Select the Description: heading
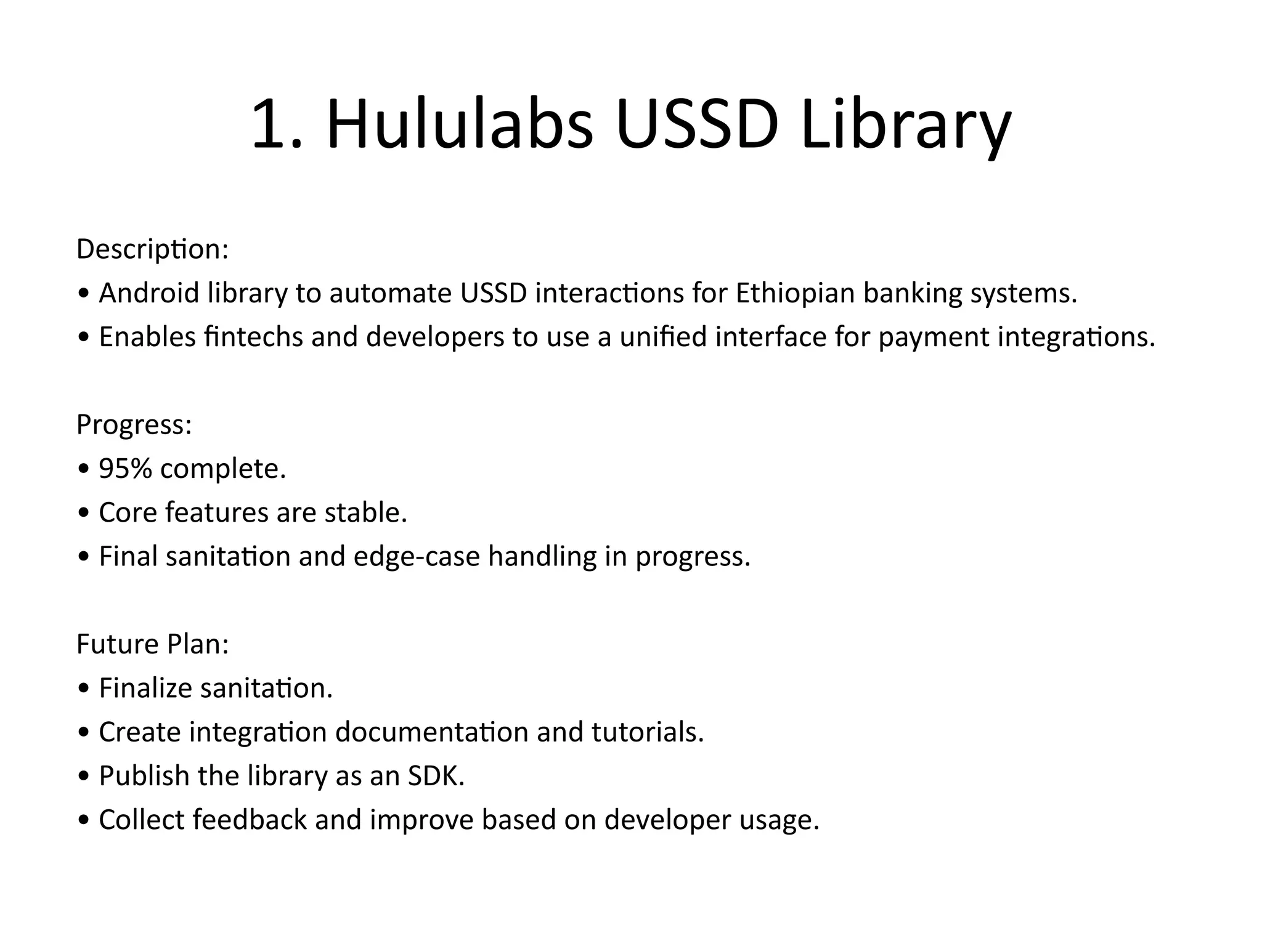pyautogui.click(x=152, y=249)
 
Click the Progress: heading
pyautogui.click(x=134, y=425)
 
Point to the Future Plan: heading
pyautogui.click(x=152, y=645)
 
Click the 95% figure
pyautogui.click(x=125, y=469)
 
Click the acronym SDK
pyautogui.click(x=436, y=776)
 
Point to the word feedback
pyautogui.click(x=250, y=820)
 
